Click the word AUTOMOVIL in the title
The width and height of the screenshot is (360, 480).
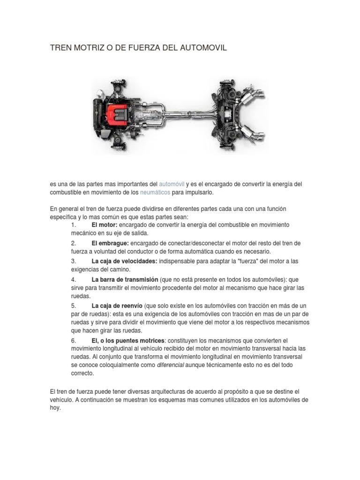pyautogui.click(x=203, y=48)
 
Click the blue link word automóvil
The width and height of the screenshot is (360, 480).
pyautogui.click(x=172, y=184)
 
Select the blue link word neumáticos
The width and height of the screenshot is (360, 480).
pyautogui.click(x=155, y=193)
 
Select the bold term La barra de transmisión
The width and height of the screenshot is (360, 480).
pyautogui.click(x=125, y=279)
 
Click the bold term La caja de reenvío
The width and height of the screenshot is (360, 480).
pyautogui.click(x=117, y=305)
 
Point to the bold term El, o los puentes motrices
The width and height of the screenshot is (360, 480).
pyautogui.click(x=128, y=340)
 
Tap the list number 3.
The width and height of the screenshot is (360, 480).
pyautogui.click(x=73, y=261)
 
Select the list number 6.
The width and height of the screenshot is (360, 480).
pyautogui.click(x=73, y=340)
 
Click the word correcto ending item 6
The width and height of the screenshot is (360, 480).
pyautogui.click(x=82, y=374)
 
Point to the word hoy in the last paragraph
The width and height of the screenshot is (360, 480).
pyautogui.click(x=55, y=408)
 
